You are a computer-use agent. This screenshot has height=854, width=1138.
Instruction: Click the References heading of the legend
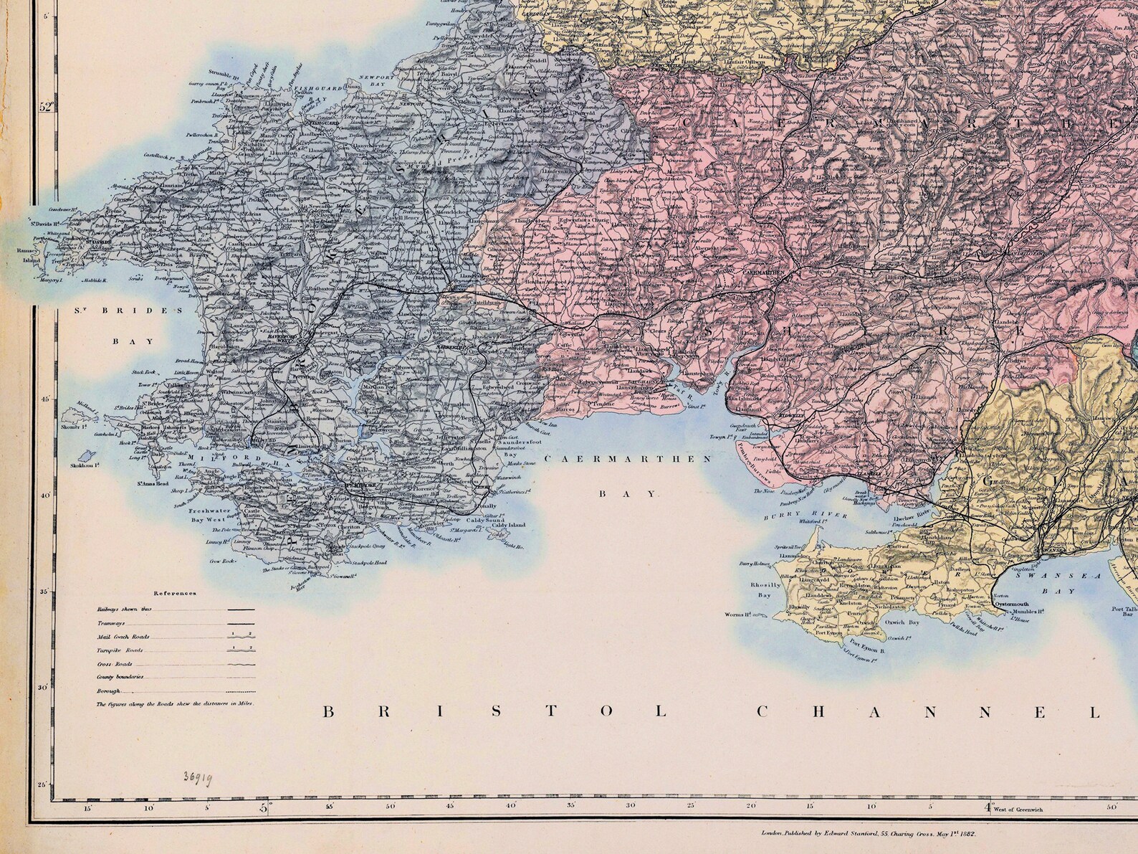176,594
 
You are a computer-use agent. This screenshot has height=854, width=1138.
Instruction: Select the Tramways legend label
111,623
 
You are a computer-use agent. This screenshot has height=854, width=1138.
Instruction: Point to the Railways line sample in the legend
240,609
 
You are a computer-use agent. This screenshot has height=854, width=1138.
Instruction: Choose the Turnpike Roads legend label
120,650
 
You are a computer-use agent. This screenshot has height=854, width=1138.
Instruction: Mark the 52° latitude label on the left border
47,108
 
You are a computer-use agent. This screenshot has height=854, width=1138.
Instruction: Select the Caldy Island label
509,525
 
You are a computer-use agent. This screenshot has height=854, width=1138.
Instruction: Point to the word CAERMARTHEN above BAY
628,459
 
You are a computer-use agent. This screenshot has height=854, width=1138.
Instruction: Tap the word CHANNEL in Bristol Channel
927,712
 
